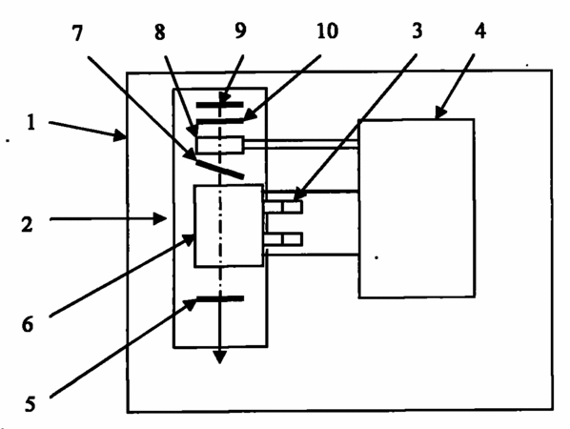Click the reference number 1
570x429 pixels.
click(31, 123)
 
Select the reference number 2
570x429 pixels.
click(28, 224)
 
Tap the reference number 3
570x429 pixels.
click(417, 31)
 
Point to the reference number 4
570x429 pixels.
click(479, 31)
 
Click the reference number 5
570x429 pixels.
click(31, 404)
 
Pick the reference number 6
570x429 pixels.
click(28, 324)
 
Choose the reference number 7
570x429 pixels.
click(77, 33)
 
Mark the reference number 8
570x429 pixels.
click(159, 32)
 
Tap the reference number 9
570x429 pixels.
click(240, 31)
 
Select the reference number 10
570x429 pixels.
click(327, 31)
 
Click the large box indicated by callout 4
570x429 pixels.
click(417, 208)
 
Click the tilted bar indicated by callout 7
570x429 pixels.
click(220, 170)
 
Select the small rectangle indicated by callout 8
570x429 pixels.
click(220, 145)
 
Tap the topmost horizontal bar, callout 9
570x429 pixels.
click(220, 105)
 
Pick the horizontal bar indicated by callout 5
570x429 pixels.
click(220, 298)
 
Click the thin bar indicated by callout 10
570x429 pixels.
click(220, 121)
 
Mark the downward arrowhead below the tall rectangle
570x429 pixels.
click(220, 357)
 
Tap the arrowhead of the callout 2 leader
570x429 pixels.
click(161, 219)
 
